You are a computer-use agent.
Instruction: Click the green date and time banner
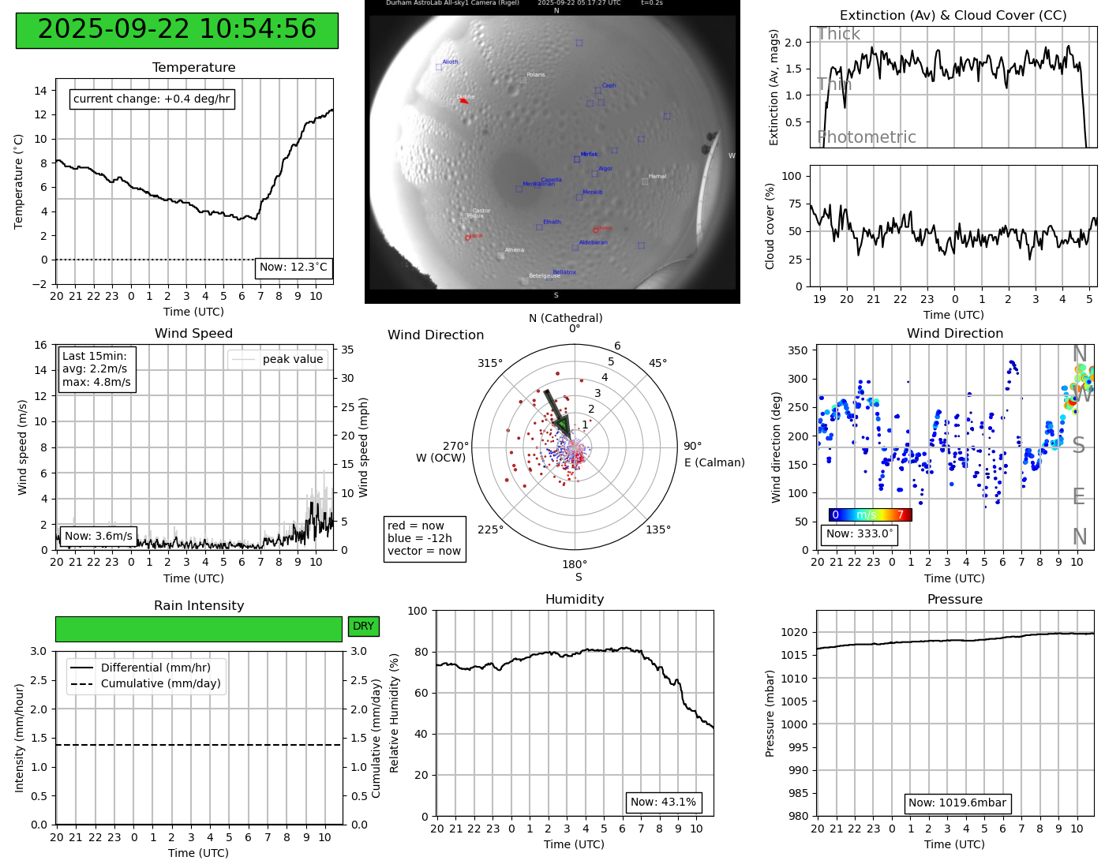pyautogui.click(x=177, y=30)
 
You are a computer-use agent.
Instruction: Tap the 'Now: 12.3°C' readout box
pyautogui.click(x=294, y=268)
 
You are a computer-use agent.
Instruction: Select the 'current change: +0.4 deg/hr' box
pyautogui.click(x=152, y=99)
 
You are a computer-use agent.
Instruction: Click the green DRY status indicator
pyautogui.click(x=363, y=627)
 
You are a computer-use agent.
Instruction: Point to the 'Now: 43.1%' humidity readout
pyautogui.click(x=663, y=803)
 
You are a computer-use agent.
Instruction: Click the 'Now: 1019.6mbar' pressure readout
pyautogui.click(x=957, y=803)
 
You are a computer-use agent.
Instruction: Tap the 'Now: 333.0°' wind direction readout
pyautogui.click(x=859, y=534)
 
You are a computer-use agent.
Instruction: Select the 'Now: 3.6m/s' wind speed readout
pyautogui.click(x=98, y=537)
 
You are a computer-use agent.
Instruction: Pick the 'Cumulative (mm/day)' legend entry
pyautogui.click(x=160, y=684)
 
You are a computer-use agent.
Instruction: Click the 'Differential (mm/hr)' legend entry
pyautogui.click(x=155, y=668)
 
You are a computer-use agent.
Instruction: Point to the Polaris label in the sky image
pyautogui.click(x=536, y=75)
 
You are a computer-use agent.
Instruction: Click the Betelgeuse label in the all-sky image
pyautogui.click(x=544, y=276)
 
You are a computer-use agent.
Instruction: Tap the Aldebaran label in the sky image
pyautogui.click(x=593, y=243)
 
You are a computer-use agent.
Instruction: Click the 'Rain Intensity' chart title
pyautogui.click(x=199, y=606)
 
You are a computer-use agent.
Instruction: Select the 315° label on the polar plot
pyautogui.click(x=489, y=364)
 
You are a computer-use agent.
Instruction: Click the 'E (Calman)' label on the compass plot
pyautogui.click(x=714, y=462)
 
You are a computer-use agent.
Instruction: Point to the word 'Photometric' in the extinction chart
pyautogui.click(x=867, y=137)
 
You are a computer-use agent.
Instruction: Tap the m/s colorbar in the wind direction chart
pyautogui.click(x=870, y=515)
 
